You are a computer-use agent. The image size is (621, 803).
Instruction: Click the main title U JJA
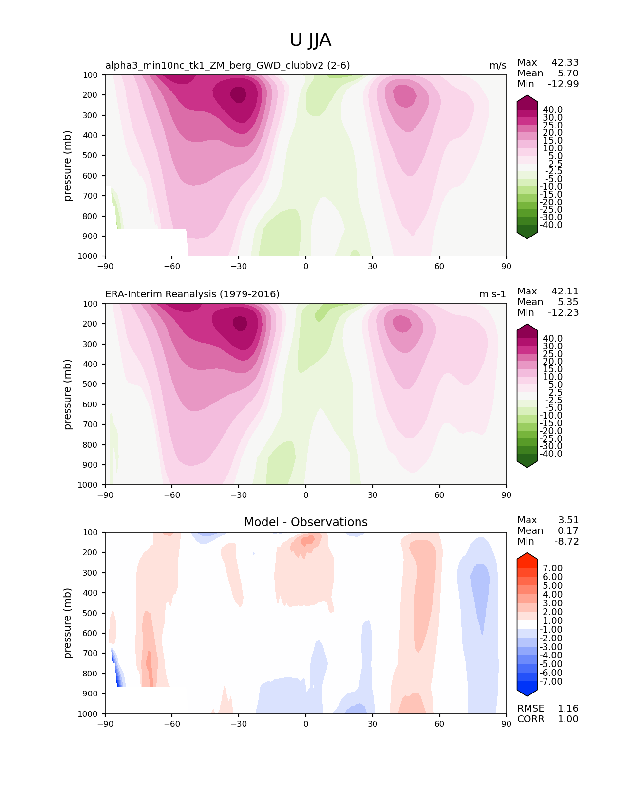click(310, 40)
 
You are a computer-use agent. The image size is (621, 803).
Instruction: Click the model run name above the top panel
click(227, 65)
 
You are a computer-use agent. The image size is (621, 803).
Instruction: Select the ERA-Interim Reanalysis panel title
click(192, 294)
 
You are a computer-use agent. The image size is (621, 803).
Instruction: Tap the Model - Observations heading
click(305, 522)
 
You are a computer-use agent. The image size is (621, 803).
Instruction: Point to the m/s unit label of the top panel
click(498, 65)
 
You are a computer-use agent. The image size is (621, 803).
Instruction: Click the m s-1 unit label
click(492, 294)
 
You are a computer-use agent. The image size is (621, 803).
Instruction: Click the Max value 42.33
click(565, 62)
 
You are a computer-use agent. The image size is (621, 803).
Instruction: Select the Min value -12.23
click(564, 312)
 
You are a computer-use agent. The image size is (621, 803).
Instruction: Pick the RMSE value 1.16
click(568, 708)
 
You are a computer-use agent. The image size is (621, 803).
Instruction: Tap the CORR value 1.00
click(568, 719)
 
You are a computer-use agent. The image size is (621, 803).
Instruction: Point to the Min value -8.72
click(566, 541)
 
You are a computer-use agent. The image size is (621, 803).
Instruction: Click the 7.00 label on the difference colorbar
click(552, 568)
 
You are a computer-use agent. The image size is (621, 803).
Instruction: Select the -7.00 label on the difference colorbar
click(551, 681)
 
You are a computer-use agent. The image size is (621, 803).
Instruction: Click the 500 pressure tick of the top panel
click(91, 155)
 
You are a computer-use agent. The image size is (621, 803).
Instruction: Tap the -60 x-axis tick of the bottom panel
click(171, 724)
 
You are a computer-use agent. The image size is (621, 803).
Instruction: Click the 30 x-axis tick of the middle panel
click(373, 495)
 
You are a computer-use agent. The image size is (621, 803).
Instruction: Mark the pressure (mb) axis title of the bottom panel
click(68, 623)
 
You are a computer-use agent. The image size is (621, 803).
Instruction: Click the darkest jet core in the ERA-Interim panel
click(240, 324)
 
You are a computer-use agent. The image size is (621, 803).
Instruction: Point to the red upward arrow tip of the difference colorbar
click(527, 554)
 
